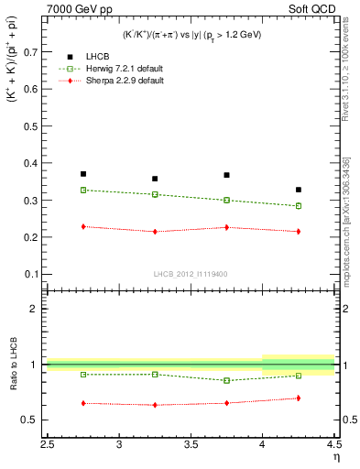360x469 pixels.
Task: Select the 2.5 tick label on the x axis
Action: click(x=48, y=445)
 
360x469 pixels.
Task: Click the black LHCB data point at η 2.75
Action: click(x=83, y=174)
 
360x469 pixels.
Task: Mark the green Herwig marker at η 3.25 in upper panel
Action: click(x=155, y=194)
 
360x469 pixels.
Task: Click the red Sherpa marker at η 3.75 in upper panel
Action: click(x=227, y=227)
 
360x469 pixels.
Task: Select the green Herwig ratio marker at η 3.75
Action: click(x=227, y=380)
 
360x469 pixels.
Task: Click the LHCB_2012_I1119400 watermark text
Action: click(x=191, y=274)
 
